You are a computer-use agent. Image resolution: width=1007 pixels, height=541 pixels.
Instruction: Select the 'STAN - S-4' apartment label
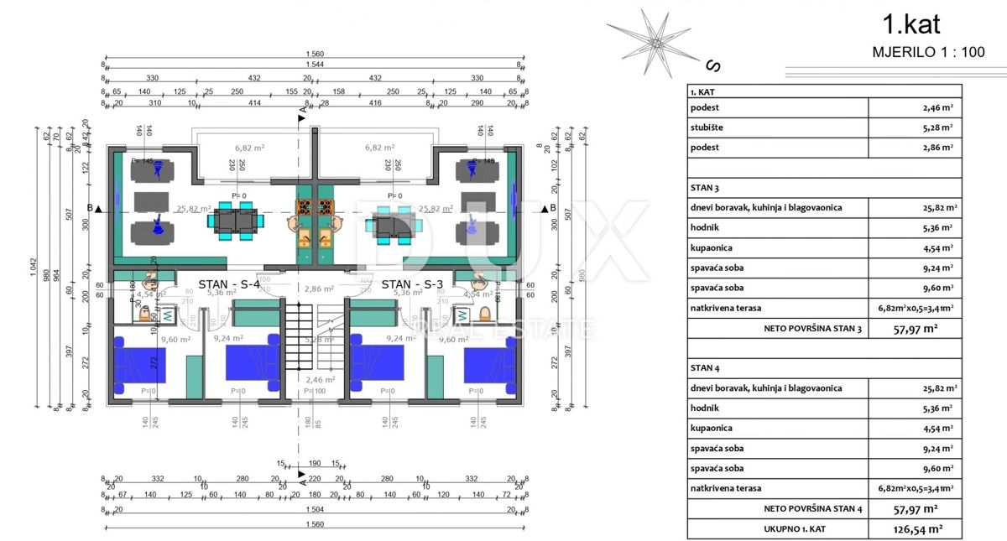point(229,284)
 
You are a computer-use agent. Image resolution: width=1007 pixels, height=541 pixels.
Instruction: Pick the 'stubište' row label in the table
point(705,127)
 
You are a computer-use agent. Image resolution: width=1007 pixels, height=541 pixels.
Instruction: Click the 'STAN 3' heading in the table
point(705,188)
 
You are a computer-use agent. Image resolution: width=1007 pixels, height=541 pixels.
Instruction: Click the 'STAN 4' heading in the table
point(705,368)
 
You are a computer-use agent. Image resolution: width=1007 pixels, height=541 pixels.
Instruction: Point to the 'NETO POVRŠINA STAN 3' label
point(812,329)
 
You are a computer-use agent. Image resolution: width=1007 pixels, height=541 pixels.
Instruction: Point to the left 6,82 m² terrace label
point(250,147)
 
